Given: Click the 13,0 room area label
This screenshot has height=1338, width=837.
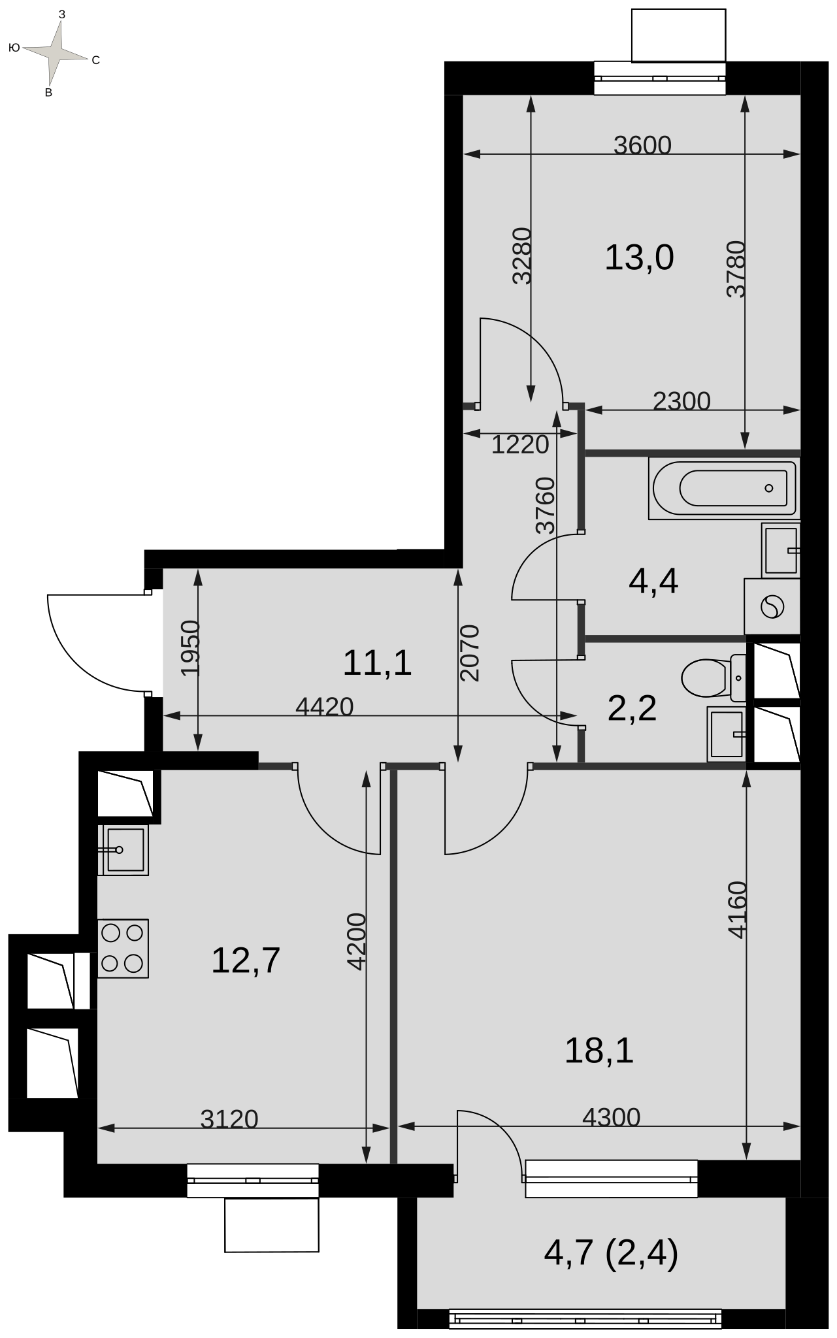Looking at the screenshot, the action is point(639,257).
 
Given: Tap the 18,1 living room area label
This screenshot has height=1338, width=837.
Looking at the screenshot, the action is point(599,1051).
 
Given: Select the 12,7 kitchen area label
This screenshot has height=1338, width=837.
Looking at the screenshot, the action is point(246,960).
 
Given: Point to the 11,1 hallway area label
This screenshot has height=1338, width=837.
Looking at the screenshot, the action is point(377,663).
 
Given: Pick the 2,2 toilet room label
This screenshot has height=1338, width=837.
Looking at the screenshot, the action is point(632,708).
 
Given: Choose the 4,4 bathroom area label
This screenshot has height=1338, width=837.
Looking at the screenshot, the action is point(653,581).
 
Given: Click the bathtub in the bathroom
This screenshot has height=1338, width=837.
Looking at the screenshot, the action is point(723,488).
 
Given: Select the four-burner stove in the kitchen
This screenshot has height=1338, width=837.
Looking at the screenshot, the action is point(123,949).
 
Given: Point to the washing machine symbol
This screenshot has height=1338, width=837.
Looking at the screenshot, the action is point(772,607).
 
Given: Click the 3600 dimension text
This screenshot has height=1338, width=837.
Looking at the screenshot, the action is point(642,145).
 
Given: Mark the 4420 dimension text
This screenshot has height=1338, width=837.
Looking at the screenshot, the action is point(325,706).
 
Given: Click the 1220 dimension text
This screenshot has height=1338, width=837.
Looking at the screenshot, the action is point(520,445).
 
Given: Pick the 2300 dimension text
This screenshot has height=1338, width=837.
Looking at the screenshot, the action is point(681,400).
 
